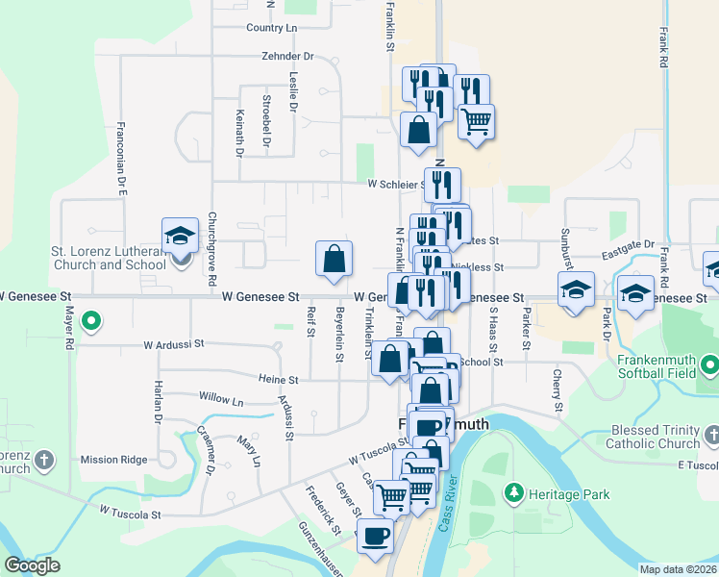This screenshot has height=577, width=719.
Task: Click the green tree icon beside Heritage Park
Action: click(515, 493)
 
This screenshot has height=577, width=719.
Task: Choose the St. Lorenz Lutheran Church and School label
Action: click(108, 258)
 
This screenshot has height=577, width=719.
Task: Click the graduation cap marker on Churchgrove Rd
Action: click(179, 236)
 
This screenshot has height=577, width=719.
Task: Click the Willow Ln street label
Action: click(221, 396)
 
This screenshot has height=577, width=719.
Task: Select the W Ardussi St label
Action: click(174, 343)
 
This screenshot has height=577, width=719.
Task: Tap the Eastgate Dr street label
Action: click(629, 245)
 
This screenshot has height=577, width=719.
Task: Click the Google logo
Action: click(32, 565)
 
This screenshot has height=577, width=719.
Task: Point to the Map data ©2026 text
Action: click(678, 569)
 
